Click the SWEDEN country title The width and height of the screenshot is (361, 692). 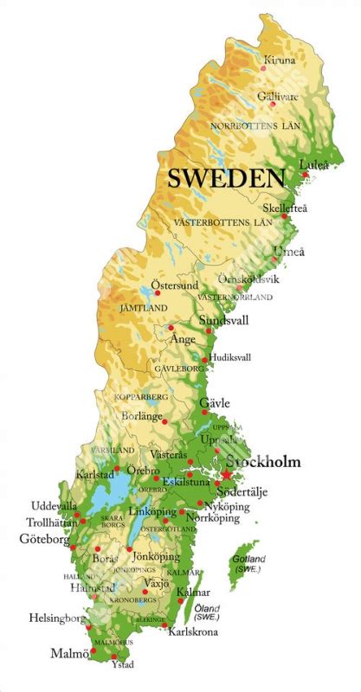point(226,178)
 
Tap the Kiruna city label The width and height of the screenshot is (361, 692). point(280,61)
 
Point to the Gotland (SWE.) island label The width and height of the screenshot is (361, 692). point(248,563)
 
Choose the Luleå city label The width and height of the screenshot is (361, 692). point(313,164)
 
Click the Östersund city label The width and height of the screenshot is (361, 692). point(175,285)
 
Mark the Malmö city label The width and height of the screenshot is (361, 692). point(69,653)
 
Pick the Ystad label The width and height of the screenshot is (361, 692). point(123,665)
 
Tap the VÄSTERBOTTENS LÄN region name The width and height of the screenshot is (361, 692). point(222,222)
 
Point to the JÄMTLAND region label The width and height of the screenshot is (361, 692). point(144,308)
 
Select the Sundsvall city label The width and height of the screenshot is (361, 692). point(223,320)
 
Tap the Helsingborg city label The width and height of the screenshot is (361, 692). point(56,619)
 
